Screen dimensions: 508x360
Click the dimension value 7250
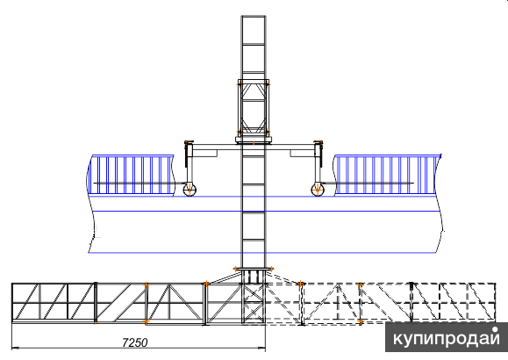[135, 342]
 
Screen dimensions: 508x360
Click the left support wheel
[190, 190]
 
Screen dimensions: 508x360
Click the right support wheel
[318, 190]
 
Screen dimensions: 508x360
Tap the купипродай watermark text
[446, 338]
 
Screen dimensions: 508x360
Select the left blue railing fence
[132, 175]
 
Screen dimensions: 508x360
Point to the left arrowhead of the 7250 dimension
[16, 349]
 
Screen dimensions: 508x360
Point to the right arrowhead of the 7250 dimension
[261, 349]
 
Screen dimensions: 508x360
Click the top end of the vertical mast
[254, 16]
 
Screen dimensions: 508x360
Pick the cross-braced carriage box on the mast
[254, 108]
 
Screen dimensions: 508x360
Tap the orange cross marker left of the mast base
[235, 269]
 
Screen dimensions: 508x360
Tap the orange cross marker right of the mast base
[271, 269]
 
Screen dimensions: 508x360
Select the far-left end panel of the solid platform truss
[54, 303]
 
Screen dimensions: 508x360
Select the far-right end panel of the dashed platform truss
[454, 303]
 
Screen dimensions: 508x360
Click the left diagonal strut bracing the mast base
[225, 278]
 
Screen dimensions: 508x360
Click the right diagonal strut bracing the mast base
[283, 278]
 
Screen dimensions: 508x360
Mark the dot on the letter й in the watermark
[495, 330]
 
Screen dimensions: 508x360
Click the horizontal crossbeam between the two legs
[254, 147]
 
